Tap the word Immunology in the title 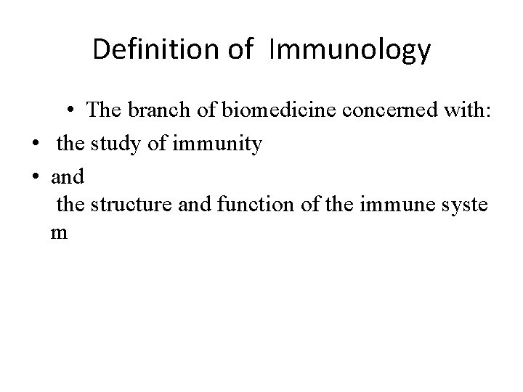349,51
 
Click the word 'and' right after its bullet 68,176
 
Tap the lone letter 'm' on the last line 59,234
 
